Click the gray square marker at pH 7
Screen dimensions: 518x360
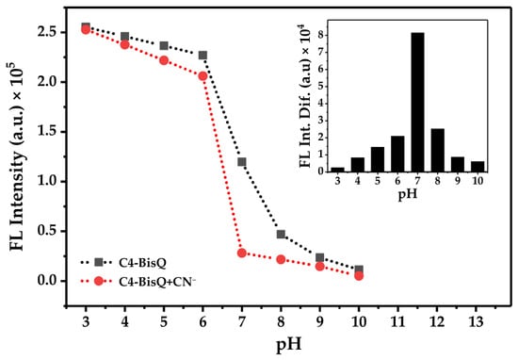[242, 162]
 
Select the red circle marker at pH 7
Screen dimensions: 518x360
[242, 253]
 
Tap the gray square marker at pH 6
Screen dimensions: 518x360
[202, 56]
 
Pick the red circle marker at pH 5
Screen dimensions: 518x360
[164, 60]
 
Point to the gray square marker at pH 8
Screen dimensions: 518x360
[281, 235]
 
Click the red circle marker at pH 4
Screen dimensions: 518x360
[125, 44]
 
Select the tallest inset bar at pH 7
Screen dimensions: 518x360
[417, 102]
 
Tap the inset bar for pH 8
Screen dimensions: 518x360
[438, 151]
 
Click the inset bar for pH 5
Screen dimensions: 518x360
[378, 159]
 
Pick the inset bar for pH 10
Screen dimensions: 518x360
[478, 167]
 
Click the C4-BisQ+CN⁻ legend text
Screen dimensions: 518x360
[157, 282]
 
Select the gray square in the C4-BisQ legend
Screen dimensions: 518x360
[99, 263]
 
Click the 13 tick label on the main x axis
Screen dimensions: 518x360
[476, 321]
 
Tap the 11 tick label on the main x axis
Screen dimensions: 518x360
[397, 321]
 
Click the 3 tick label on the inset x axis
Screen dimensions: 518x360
[337, 181]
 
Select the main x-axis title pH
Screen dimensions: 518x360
[289, 345]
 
